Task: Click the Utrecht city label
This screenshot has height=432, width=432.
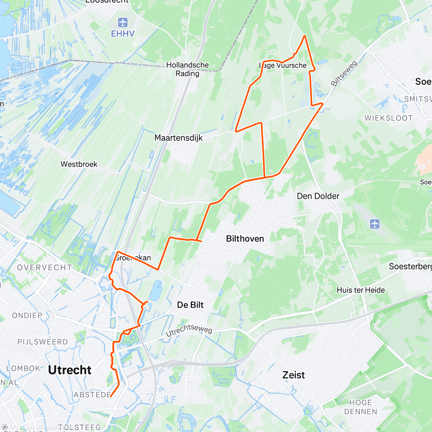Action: point(70,370)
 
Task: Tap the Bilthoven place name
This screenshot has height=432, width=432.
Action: point(245,239)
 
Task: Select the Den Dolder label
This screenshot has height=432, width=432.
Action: point(318,196)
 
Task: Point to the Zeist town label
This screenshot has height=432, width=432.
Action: point(293,375)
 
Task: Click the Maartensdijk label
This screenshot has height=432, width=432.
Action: point(179,138)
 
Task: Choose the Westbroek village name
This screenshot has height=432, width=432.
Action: point(79,164)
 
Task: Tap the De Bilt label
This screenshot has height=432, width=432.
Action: point(190,305)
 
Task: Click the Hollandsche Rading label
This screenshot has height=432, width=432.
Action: point(187,69)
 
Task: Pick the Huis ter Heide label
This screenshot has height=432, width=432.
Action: point(361,290)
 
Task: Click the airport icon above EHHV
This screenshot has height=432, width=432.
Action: point(123,23)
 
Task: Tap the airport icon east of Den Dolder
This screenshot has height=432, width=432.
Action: point(375,224)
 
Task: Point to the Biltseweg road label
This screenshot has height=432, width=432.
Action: point(344,73)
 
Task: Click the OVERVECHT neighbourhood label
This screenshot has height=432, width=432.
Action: point(45,267)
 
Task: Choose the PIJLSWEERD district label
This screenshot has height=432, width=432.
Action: point(42,342)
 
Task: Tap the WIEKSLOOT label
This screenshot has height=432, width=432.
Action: point(388,118)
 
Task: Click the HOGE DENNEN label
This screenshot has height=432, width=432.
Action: point(360,407)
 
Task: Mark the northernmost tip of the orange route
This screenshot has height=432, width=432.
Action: point(305,36)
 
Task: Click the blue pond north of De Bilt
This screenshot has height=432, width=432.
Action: point(156,291)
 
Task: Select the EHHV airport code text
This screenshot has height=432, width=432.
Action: point(123,34)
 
